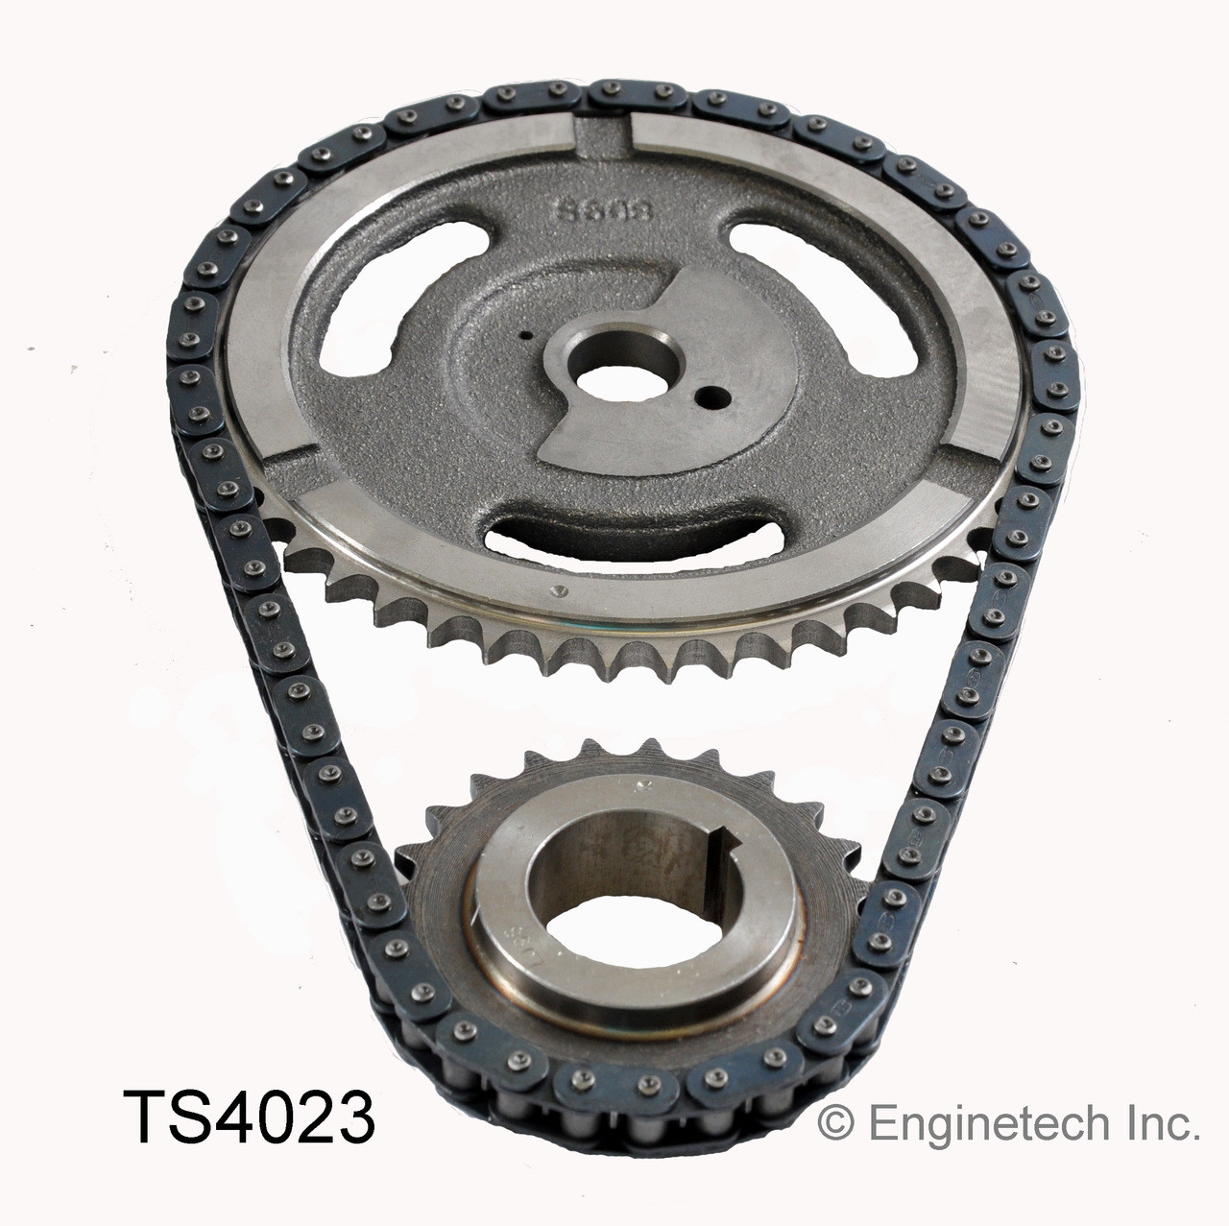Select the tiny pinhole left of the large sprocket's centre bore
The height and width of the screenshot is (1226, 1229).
click(x=525, y=336)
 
